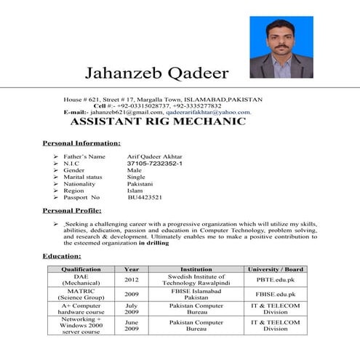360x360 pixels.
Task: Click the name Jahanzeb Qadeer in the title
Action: pos(156,73)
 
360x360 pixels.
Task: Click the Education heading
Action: pos(61,256)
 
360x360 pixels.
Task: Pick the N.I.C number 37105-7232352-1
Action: pos(154,164)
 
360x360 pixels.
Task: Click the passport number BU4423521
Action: pos(145,197)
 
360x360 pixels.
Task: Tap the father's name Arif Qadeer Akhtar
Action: pos(155,156)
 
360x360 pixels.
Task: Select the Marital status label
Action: pos(83,177)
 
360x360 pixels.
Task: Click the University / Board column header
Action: pos(275,269)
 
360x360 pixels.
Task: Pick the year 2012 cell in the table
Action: pos(131,279)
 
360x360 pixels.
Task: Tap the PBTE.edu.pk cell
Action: pos(275,279)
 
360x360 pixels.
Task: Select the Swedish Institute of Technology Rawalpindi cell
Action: pos(196,279)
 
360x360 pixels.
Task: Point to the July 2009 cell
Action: pos(131,308)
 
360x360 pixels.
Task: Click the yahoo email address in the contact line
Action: pos(208,113)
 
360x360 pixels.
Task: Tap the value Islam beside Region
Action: pos(135,191)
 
